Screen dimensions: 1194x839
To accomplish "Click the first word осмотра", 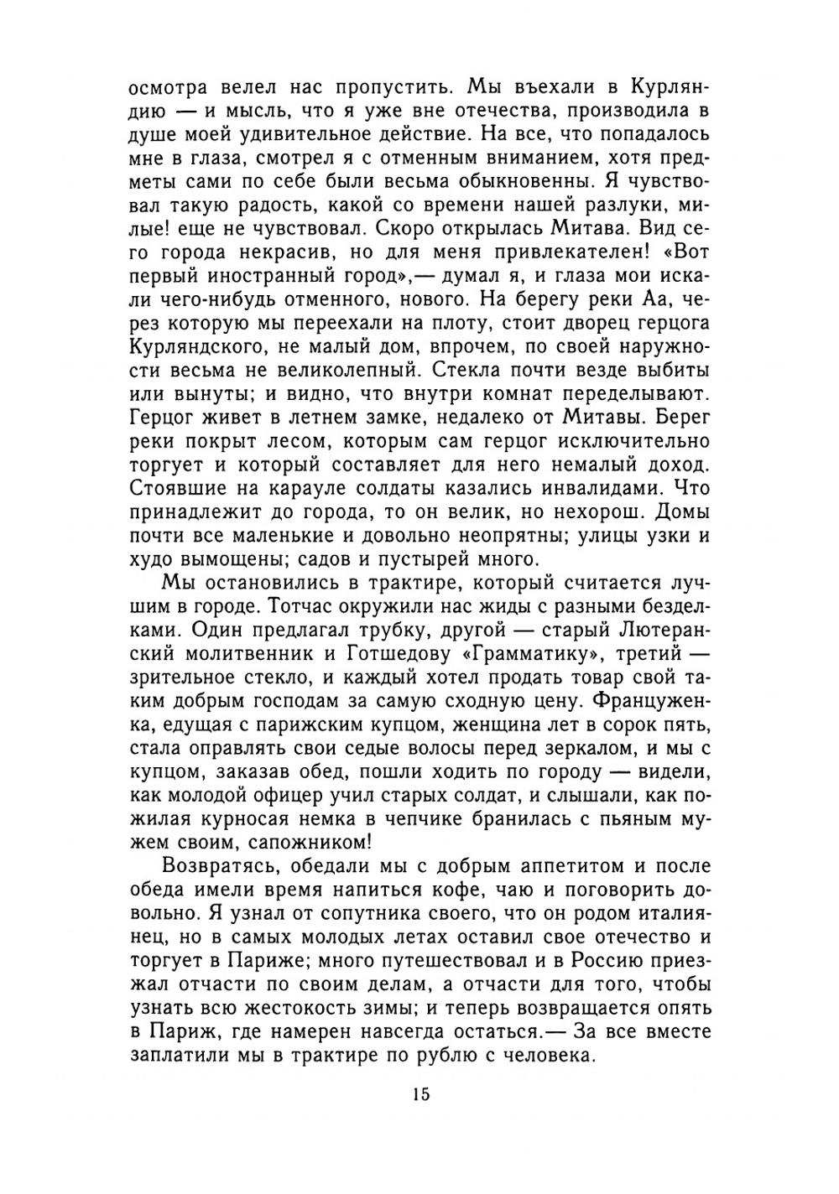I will tap(164, 87).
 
